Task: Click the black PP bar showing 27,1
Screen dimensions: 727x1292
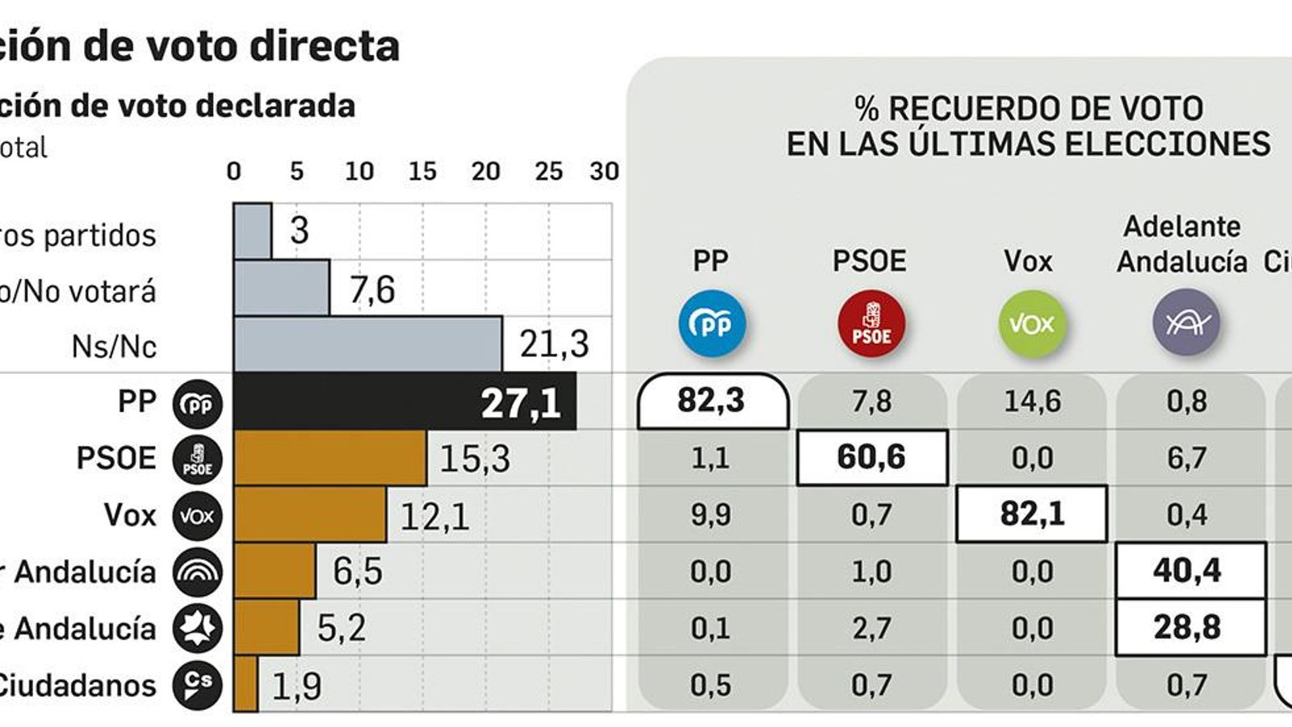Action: (404, 401)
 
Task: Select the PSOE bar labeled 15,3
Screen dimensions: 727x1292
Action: (329, 458)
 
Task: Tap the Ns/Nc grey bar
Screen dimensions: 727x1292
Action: (367, 345)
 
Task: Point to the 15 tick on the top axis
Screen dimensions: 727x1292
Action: (422, 171)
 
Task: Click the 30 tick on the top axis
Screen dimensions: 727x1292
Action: (604, 171)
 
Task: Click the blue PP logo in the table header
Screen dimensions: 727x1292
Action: (711, 324)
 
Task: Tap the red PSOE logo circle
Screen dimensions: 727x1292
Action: (871, 324)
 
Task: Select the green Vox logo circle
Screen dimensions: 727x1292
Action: (1031, 324)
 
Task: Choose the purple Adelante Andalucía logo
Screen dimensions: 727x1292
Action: (1185, 322)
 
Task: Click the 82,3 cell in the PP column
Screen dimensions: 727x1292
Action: (711, 401)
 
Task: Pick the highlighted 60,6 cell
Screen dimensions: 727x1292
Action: (871, 457)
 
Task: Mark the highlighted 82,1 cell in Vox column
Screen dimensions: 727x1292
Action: (1031, 514)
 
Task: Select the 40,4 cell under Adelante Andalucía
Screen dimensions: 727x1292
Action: (1189, 570)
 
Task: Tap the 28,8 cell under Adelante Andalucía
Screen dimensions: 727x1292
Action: (1189, 627)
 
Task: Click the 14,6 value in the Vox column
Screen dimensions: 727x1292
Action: (1031, 401)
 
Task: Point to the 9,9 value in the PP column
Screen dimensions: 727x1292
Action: (711, 515)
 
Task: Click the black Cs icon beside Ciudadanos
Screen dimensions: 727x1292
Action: (197, 685)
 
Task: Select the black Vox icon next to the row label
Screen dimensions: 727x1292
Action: (197, 515)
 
